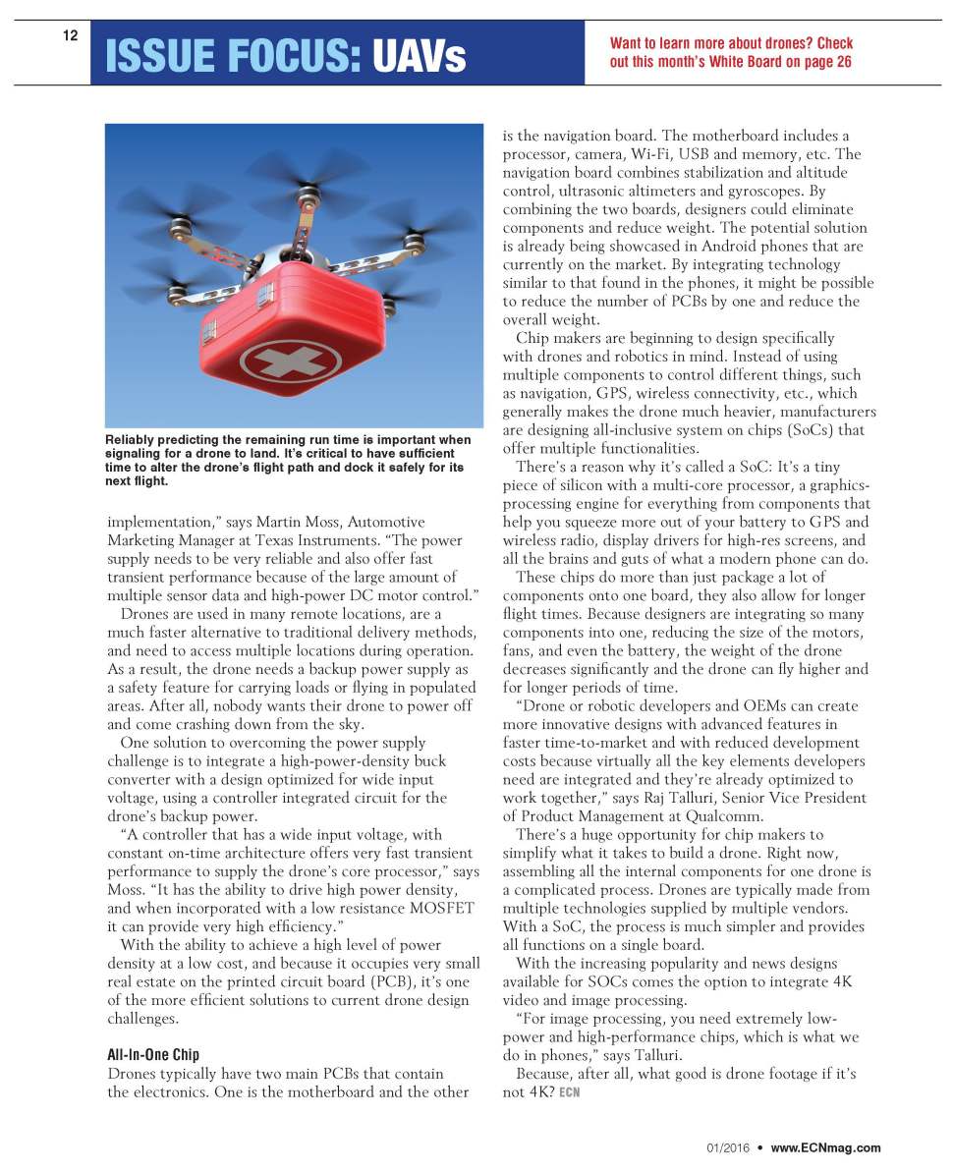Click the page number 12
70,36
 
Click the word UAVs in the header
419,57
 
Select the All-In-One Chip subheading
152,1055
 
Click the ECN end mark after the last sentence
569,1093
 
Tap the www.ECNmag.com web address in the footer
825,1147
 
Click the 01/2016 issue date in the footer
727,1147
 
